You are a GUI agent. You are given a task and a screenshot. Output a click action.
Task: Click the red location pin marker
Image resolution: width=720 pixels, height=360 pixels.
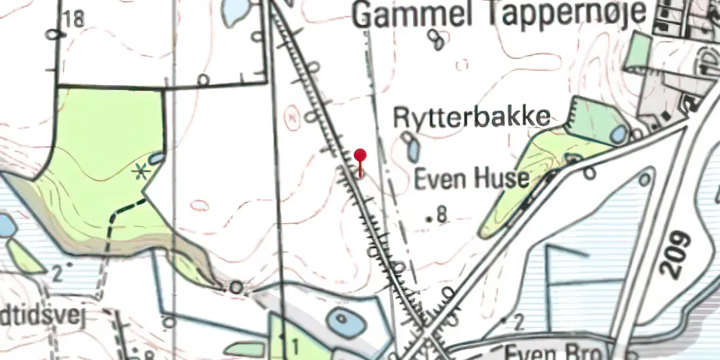coord(360,160)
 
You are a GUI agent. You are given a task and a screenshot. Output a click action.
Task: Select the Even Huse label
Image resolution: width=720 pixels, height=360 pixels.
coord(472,179)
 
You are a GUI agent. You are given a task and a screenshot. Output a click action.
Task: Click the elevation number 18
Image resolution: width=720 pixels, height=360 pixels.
coord(73,19)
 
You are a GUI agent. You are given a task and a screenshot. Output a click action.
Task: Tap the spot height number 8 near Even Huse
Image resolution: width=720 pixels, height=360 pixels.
coord(442,214)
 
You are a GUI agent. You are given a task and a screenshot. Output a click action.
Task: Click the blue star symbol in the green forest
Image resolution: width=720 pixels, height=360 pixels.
coord(141,171)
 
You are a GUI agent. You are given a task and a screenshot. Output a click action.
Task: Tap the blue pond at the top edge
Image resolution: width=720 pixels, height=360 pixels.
coord(235,10)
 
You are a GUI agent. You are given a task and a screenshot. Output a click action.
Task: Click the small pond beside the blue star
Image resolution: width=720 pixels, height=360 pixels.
coord(156,159)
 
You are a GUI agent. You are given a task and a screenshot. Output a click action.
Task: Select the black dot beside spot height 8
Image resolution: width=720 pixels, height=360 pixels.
coord(430,217)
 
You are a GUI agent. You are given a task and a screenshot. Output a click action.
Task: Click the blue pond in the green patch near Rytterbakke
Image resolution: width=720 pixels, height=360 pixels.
coord(618,134)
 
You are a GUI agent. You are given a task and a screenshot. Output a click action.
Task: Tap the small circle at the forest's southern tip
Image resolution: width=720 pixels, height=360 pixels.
coord(235,287)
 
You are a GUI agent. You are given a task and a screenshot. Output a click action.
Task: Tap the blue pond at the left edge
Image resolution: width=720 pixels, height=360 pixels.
coord(6,225)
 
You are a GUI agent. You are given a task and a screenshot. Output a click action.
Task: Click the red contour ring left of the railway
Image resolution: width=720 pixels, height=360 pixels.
coord(292,116)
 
